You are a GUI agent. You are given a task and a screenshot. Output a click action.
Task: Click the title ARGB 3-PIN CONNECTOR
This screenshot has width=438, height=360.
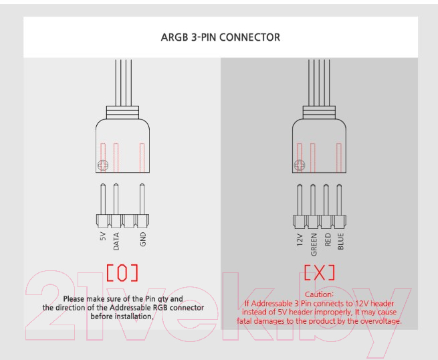[x=221, y=37]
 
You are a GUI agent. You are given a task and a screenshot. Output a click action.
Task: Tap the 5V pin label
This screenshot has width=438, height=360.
[x=103, y=236]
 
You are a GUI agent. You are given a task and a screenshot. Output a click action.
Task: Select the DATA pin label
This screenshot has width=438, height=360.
[x=116, y=241]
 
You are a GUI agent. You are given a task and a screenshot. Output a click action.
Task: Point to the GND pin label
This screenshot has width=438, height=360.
[x=142, y=239]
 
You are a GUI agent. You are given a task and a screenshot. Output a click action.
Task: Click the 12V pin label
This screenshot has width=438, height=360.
[x=300, y=240]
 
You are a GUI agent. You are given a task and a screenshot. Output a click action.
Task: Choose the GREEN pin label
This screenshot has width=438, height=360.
[x=314, y=244]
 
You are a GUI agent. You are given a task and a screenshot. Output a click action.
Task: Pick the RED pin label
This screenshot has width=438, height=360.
[x=328, y=240]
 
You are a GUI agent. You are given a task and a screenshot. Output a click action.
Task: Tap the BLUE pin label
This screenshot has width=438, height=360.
[x=340, y=241]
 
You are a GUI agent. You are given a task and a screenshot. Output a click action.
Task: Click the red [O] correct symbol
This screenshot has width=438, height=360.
[x=122, y=273]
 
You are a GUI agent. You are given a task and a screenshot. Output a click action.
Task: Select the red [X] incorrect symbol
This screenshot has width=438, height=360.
[x=319, y=272]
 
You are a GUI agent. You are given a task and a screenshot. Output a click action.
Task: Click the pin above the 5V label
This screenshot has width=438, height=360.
[x=103, y=199]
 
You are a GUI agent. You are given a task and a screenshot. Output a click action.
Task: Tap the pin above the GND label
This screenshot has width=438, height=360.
[x=142, y=199]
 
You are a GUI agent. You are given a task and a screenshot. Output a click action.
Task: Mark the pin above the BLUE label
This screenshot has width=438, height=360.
[x=339, y=199]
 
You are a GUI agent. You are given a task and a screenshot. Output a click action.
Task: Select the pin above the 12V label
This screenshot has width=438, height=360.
[x=300, y=199]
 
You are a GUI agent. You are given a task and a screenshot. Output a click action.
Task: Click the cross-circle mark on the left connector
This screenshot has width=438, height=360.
[x=103, y=165]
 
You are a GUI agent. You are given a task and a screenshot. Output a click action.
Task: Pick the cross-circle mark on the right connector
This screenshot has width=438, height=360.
[x=300, y=165]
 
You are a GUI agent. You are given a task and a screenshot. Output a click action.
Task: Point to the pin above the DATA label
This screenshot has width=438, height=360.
[x=116, y=199]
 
